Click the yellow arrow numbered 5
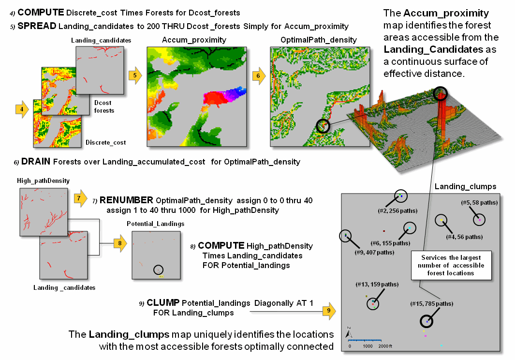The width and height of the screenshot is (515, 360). click(x=136, y=75)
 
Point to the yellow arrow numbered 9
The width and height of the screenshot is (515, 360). click(x=329, y=310)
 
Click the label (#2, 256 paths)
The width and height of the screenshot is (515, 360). click(x=397, y=210)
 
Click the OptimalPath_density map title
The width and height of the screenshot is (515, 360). click(x=319, y=40)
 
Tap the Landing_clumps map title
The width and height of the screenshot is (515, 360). click(x=458, y=187)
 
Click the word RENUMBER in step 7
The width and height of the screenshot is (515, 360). click(x=122, y=200)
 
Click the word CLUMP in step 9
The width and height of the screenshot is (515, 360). click(x=160, y=303)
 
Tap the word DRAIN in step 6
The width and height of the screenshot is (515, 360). click(x=35, y=162)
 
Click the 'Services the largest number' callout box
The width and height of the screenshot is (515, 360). click(x=452, y=265)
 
